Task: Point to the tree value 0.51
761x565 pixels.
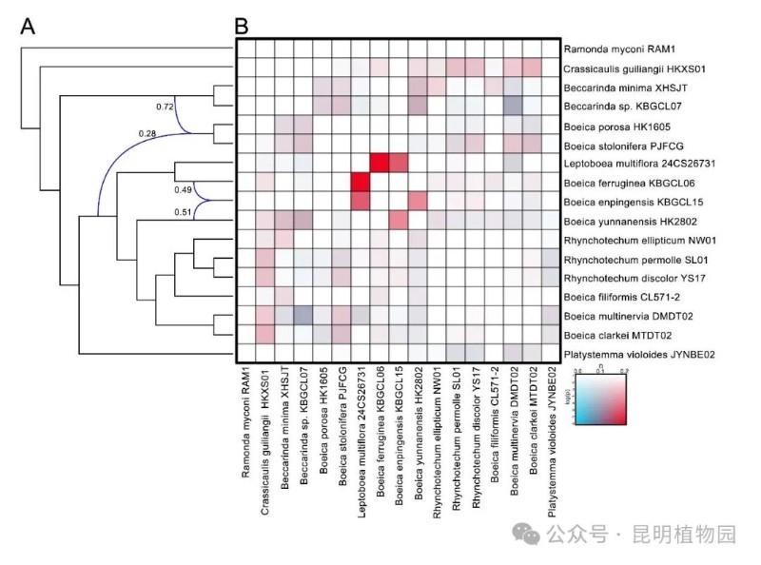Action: [184, 213]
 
